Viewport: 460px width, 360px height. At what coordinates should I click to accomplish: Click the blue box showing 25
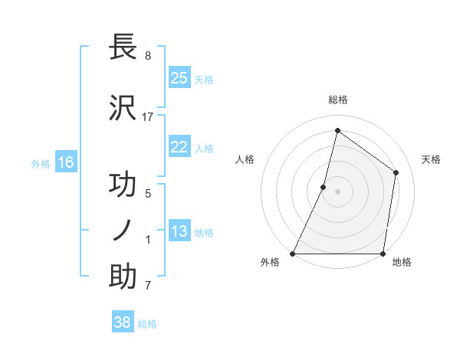179,78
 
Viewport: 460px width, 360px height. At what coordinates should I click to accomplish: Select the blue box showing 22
179,147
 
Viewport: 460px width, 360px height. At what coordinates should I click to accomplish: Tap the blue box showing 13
179,231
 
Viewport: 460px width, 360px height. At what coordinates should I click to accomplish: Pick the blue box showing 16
66,162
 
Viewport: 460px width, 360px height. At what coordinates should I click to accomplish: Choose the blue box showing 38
123,322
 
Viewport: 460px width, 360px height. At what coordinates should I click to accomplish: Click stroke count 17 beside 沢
148,116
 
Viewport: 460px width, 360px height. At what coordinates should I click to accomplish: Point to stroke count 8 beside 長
147,55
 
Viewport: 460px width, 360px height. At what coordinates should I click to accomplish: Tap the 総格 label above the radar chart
337,100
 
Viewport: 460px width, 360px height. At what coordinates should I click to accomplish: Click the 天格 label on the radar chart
432,159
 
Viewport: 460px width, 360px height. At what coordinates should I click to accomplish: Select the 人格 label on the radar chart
245,159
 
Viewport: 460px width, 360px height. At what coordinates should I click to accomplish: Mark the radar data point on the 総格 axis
337,130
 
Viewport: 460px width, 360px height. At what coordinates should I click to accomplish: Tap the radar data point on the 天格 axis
396,172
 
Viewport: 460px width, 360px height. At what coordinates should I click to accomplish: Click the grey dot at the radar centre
337,191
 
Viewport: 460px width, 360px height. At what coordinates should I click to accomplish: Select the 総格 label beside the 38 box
147,324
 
